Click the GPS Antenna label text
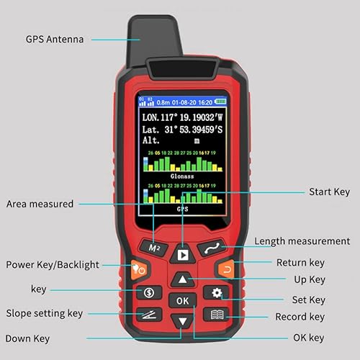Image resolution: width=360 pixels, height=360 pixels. click(54, 39)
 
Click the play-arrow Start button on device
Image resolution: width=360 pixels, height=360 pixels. click(183, 254)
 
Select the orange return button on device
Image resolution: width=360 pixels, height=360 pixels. click(226, 271)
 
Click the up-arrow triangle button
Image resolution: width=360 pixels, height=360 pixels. click(183, 279)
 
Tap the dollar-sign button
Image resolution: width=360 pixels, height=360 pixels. click(149, 293)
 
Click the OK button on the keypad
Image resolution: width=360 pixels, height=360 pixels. click(183, 300)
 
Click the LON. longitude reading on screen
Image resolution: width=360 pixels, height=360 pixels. click(181, 117)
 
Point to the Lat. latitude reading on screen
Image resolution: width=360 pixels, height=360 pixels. click(181, 130)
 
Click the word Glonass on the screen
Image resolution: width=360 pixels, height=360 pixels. click(182, 175)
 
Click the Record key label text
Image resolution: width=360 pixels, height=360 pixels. click(300, 317)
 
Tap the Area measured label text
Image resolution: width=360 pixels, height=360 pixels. click(40, 204)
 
